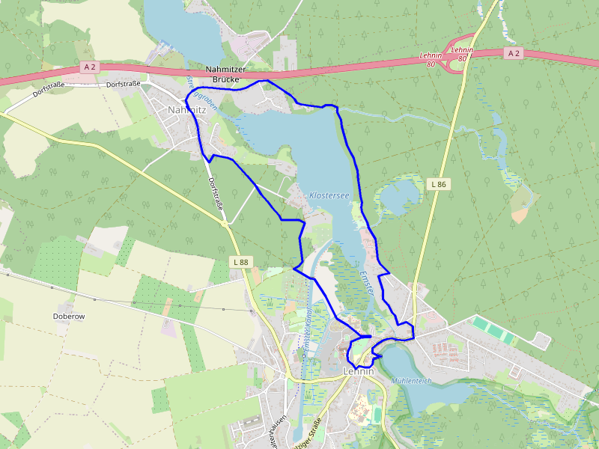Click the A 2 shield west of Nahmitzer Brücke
pyautogui.click(x=90, y=67)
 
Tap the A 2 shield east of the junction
pyautogui.click(x=513, y=53)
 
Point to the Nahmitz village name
pyautogui.click(x=186, y=109)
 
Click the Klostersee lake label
pyautogui.click(x=329, y=195)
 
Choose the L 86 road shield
pyautogui.click(x=439, y=183)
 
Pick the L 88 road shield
pyautogui.click(x=240, y=262)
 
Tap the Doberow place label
pyautogui.click(x=69, y=317)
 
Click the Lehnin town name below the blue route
pyautogui.click(x=358, y=371)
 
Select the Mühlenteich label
pyautogui.click(x=411, y=380)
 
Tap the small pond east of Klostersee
pyautogui.click(x=398, y=198)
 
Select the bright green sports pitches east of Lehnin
pyautogui.click(x=493, y=330)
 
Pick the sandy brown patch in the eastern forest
pyautogui.click(x=520, y=214)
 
